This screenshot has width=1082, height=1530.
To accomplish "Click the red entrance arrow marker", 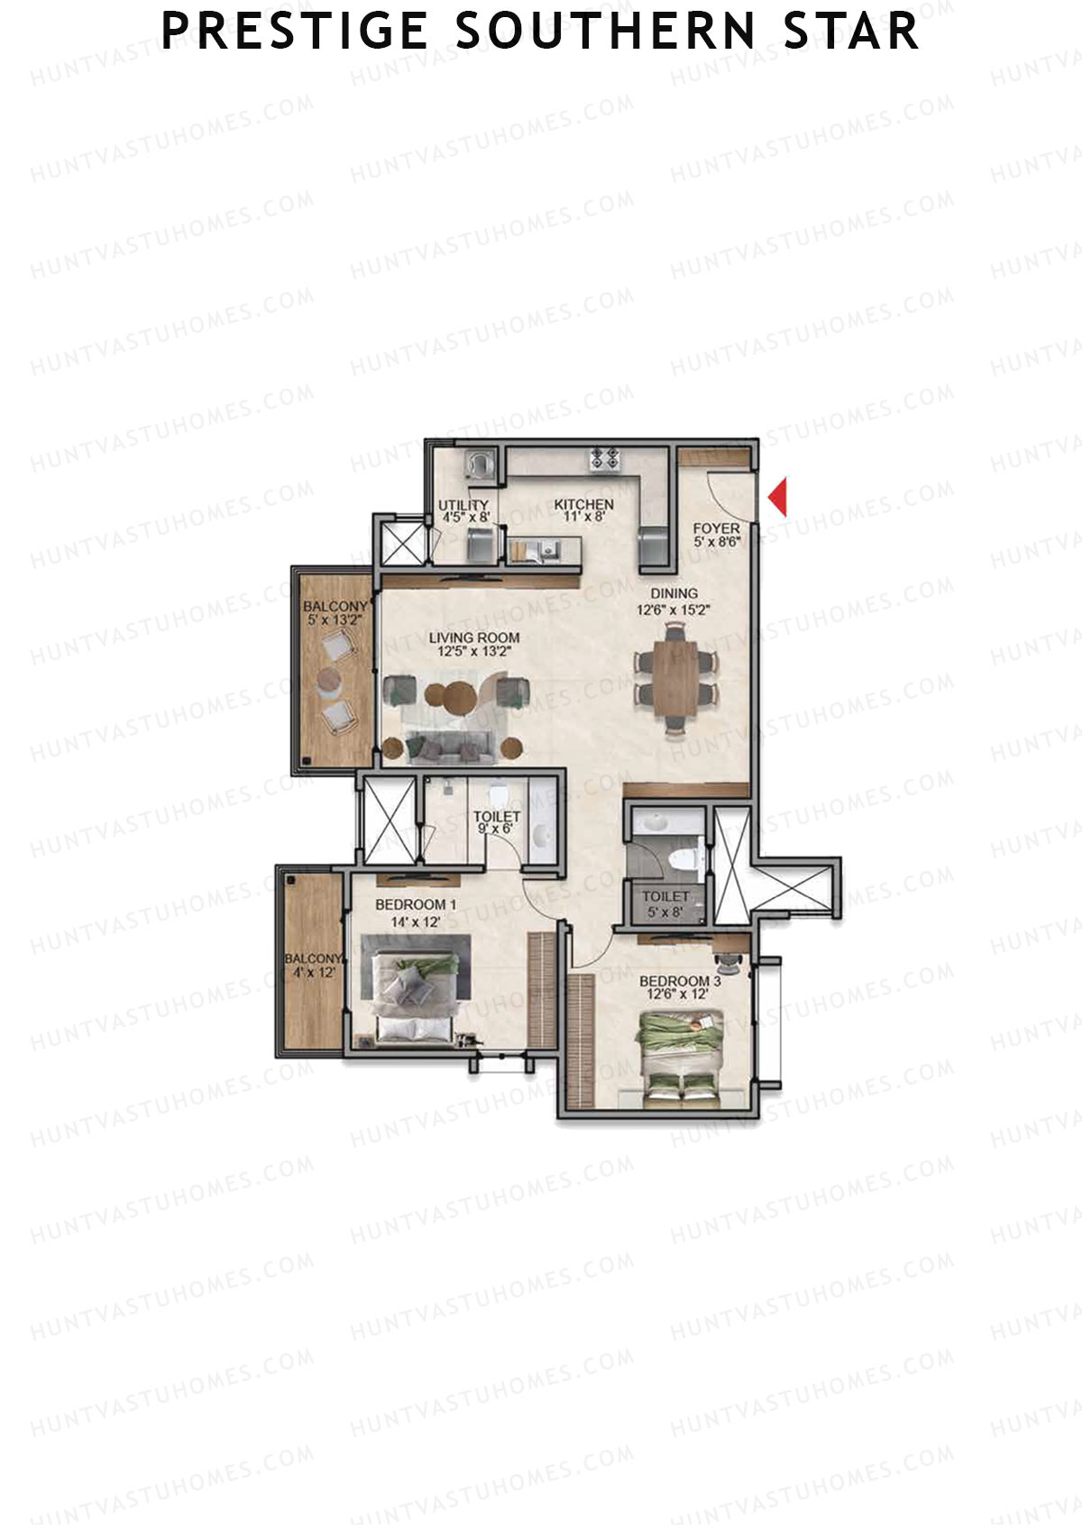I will [778, 498].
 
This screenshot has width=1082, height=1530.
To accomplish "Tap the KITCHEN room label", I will [583, 505].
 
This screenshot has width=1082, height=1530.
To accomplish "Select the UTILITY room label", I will [463, 505].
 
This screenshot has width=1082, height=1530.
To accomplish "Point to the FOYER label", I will [716, 528].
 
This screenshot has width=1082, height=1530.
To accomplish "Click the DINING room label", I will [674, 593].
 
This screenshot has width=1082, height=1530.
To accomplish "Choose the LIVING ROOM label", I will [473, 637].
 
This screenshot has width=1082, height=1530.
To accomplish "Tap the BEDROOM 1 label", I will [416, 904].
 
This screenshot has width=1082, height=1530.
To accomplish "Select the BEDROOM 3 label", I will [679, 981].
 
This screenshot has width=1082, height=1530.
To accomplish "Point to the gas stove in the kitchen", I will [605, 459].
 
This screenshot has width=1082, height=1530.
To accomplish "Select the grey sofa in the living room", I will [449, 746].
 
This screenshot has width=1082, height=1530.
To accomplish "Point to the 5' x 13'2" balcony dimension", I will [334, 620].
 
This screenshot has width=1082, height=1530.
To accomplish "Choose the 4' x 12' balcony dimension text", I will [313, 973].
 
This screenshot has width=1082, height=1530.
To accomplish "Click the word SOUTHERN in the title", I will [604, 32].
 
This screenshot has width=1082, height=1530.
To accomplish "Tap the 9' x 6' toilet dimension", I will [495, 828].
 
